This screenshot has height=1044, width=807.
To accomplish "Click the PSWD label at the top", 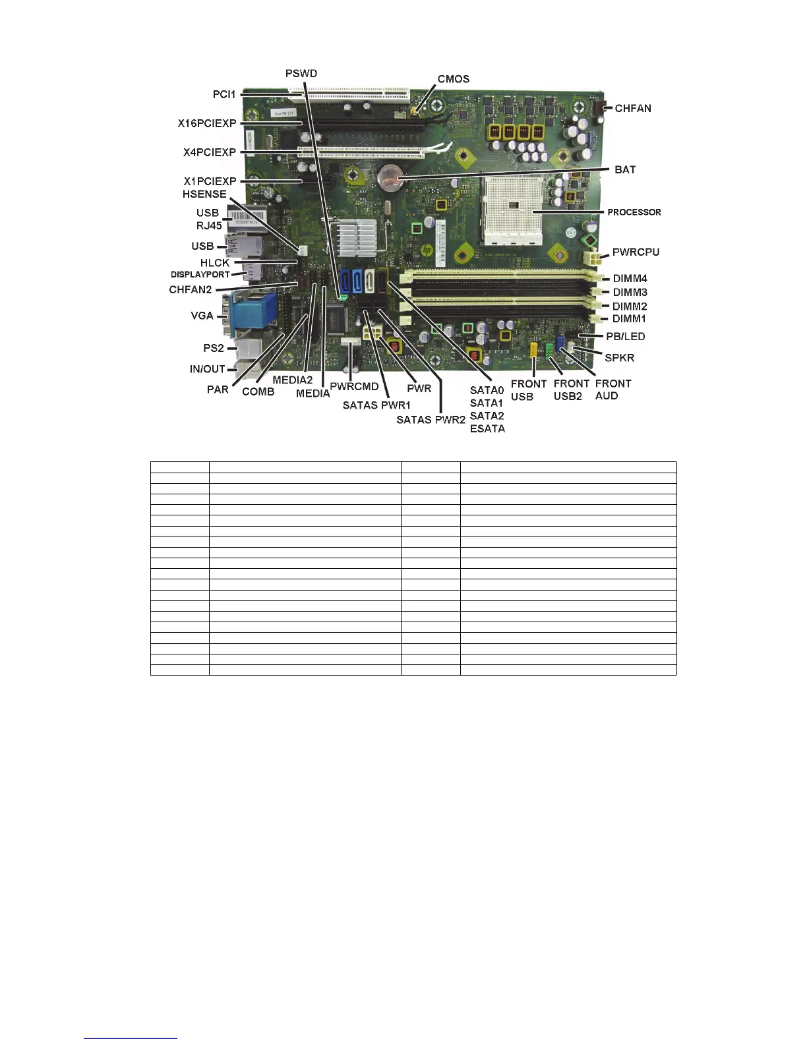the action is click(301, 73).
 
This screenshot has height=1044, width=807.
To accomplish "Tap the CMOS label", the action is click(454, 79).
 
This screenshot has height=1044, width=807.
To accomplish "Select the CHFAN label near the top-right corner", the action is click(632, 108).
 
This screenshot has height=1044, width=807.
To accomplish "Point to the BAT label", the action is click(625, 170).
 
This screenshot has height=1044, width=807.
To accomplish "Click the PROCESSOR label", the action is click(634, 212).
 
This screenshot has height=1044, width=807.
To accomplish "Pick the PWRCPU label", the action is click(636, 252).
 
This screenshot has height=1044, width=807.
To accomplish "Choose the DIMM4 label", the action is click(630, 279).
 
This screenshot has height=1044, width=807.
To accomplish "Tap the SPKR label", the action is click(619, 358).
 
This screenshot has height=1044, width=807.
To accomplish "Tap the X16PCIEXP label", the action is click(206, 123).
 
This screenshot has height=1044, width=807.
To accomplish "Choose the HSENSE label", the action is click(204, 194).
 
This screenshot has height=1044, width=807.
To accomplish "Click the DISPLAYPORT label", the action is click(200, 275).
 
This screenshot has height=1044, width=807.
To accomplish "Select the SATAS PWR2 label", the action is click(431, 420).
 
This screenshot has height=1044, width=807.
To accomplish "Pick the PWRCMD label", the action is click(354, 387).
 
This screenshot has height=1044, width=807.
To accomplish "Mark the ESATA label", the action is click(487, 428).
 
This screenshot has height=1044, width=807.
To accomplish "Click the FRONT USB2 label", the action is click(570, 390).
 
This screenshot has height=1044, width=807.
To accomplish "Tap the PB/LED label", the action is click(625, 337).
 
